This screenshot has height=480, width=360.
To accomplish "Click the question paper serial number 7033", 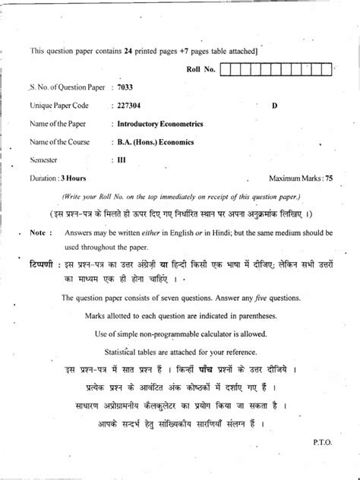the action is pyautogui.click(x=125, y=89).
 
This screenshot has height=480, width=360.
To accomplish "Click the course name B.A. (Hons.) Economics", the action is pyautogui.click(x=153, y=141).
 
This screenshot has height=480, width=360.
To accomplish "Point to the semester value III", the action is pyautogui.click(x=122, y=160).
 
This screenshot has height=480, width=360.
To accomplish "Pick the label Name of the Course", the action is pyautogui.click(x=59, y=141).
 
